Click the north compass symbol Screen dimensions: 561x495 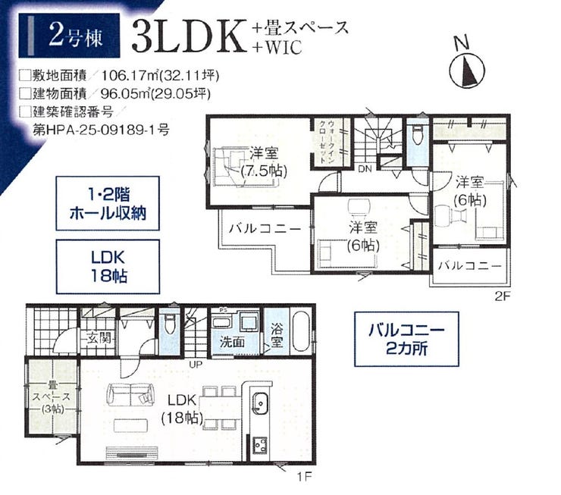pyautogui.click(x=466, y=70)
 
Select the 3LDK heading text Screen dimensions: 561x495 pyautogui.click(x=190, y=36)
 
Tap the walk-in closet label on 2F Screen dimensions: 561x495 pyautogui.click(x=328, y=142)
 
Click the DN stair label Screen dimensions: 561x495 pyautogui.click(x=365, y=169)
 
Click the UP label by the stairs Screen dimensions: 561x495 pyautogui.click(x=196, y=365)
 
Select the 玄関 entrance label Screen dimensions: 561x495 pyautogui.click(x=99, y=337)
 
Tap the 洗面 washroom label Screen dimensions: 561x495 pyautogui.click(x=232, y=342)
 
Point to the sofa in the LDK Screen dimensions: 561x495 pyautogui.click(x=130, y=394)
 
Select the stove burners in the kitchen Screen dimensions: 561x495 pyautogui.click(x=260, y=445)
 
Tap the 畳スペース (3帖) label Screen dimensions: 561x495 pyautogui.click(x=52, y=397)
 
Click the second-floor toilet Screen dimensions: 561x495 pyautogui.click(x=418, y=134)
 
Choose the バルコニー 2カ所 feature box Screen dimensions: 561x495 pyautogui.click(x=406, y=339)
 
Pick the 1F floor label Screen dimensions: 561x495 pyautogui.click(x=305, y=476)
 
